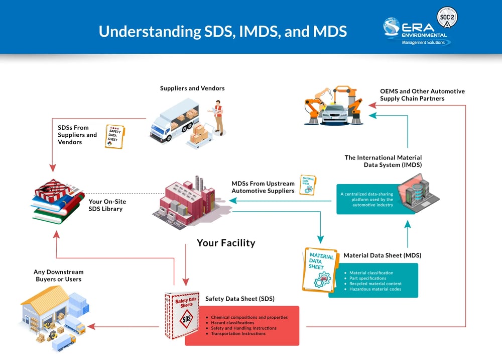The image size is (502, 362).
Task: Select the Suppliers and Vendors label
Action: tap(192, 88)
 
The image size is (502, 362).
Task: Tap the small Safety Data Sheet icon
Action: tap(114, 136)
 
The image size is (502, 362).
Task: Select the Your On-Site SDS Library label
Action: tap(107, 205)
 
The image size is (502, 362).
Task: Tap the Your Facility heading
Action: tap(226, 243)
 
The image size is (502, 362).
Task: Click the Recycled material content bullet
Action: tap(375, 284)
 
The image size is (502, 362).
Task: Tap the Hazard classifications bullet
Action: tap(232, 323)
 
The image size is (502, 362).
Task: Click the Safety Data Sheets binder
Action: tap(182, 315)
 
